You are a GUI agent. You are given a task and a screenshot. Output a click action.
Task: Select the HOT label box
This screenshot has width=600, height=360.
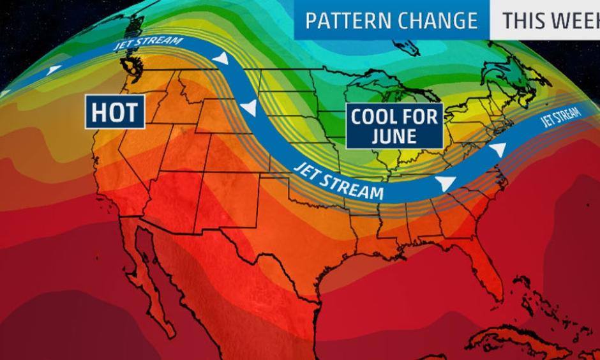point(114,112)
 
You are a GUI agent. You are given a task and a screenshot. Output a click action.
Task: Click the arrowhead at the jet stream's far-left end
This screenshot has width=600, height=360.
point(55,68)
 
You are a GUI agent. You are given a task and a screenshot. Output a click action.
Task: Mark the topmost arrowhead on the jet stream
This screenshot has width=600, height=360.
point(221,59)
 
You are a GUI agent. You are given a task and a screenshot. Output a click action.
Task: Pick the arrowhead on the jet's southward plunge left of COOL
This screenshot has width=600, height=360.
point(250,108)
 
